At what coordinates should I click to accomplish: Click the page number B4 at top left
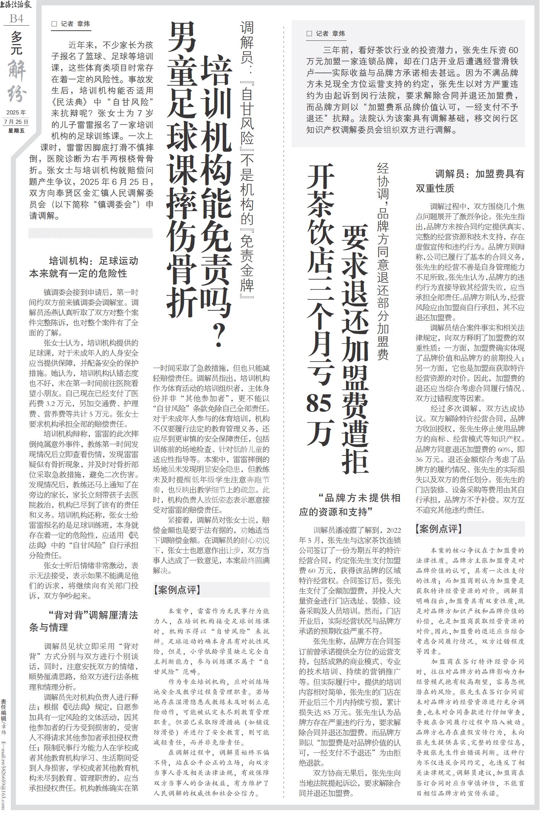coord(16,18)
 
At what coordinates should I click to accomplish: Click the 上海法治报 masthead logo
coord(16,5)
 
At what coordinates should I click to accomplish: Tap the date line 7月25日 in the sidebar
coord(16,122)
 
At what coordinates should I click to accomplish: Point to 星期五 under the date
coord(16,130)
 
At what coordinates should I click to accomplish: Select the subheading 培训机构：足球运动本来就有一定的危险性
coord(84,267)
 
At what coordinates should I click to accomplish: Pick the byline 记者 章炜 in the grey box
coord(326,34)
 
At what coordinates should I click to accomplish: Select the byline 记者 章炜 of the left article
coord(71,24)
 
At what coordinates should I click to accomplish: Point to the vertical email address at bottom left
coord(4,769)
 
